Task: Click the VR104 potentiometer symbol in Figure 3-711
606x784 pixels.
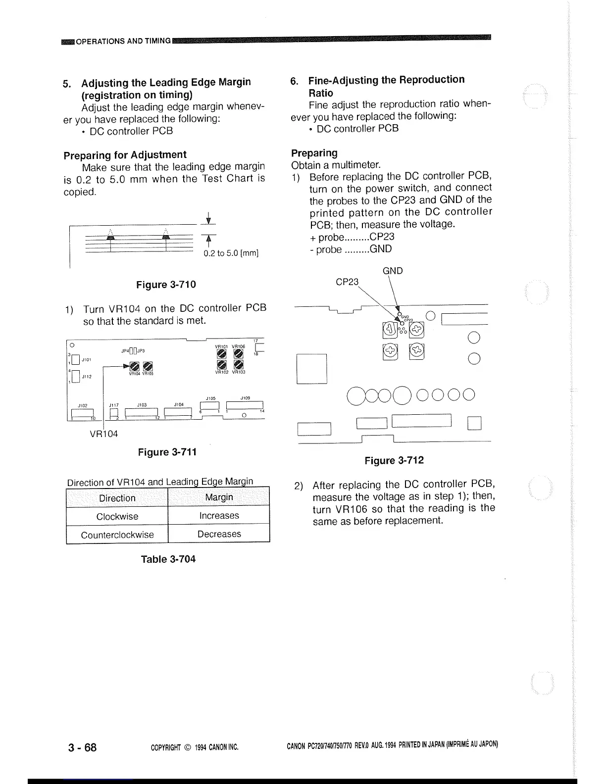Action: (x=133, y=366)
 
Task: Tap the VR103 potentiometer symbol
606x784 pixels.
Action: (x=238, y=365)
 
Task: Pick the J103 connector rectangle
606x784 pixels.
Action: (x=141, y=412)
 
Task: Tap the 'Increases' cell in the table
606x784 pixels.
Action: (x=219, y=516)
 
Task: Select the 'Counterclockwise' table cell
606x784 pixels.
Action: (x=117, y=535)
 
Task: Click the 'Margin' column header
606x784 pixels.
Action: (x=219, y=497)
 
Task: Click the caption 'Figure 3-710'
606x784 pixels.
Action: (x=166, y=285)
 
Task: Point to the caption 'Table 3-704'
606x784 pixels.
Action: (x=168, y=559)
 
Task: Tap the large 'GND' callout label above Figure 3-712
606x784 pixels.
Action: (x=393, y=271)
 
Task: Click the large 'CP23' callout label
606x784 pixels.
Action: (x=347, y=282)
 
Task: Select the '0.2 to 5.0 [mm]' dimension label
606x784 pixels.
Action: (x=231, y=253)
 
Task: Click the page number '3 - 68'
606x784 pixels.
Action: (x=82, y=747)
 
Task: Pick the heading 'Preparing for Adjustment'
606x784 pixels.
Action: (x=125, y=155)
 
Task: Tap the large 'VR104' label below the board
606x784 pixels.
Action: (x=103, y=434)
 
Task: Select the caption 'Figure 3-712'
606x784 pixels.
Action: (x=394, y=461)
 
